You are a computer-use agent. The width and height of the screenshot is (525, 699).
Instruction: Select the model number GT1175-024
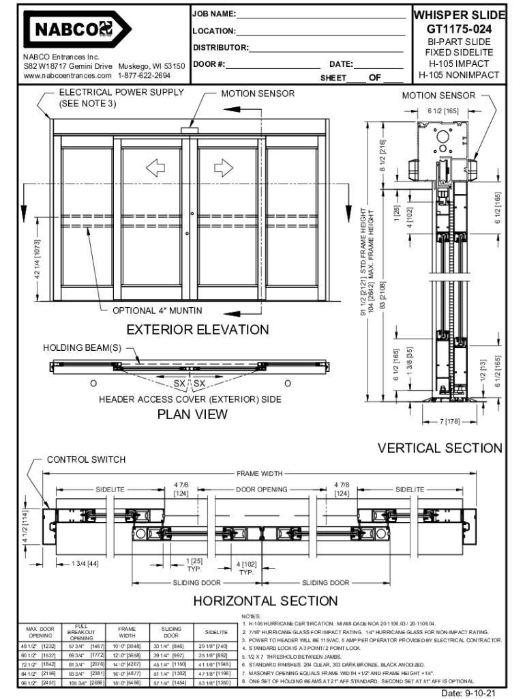(459, 29)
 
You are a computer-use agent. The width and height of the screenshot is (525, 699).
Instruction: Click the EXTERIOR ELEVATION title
(198, 330)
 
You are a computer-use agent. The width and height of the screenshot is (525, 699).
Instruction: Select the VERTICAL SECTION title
(440, 448)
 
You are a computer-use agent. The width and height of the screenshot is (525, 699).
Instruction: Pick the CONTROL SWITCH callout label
(86, 459)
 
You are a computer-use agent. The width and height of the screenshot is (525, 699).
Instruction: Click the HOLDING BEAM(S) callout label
(82, 347)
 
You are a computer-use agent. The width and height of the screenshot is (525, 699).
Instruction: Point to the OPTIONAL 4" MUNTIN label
(157, 311)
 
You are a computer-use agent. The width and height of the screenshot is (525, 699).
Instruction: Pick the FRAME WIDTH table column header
(127, 631)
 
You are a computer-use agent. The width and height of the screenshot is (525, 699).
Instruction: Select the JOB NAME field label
(214, 14)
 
